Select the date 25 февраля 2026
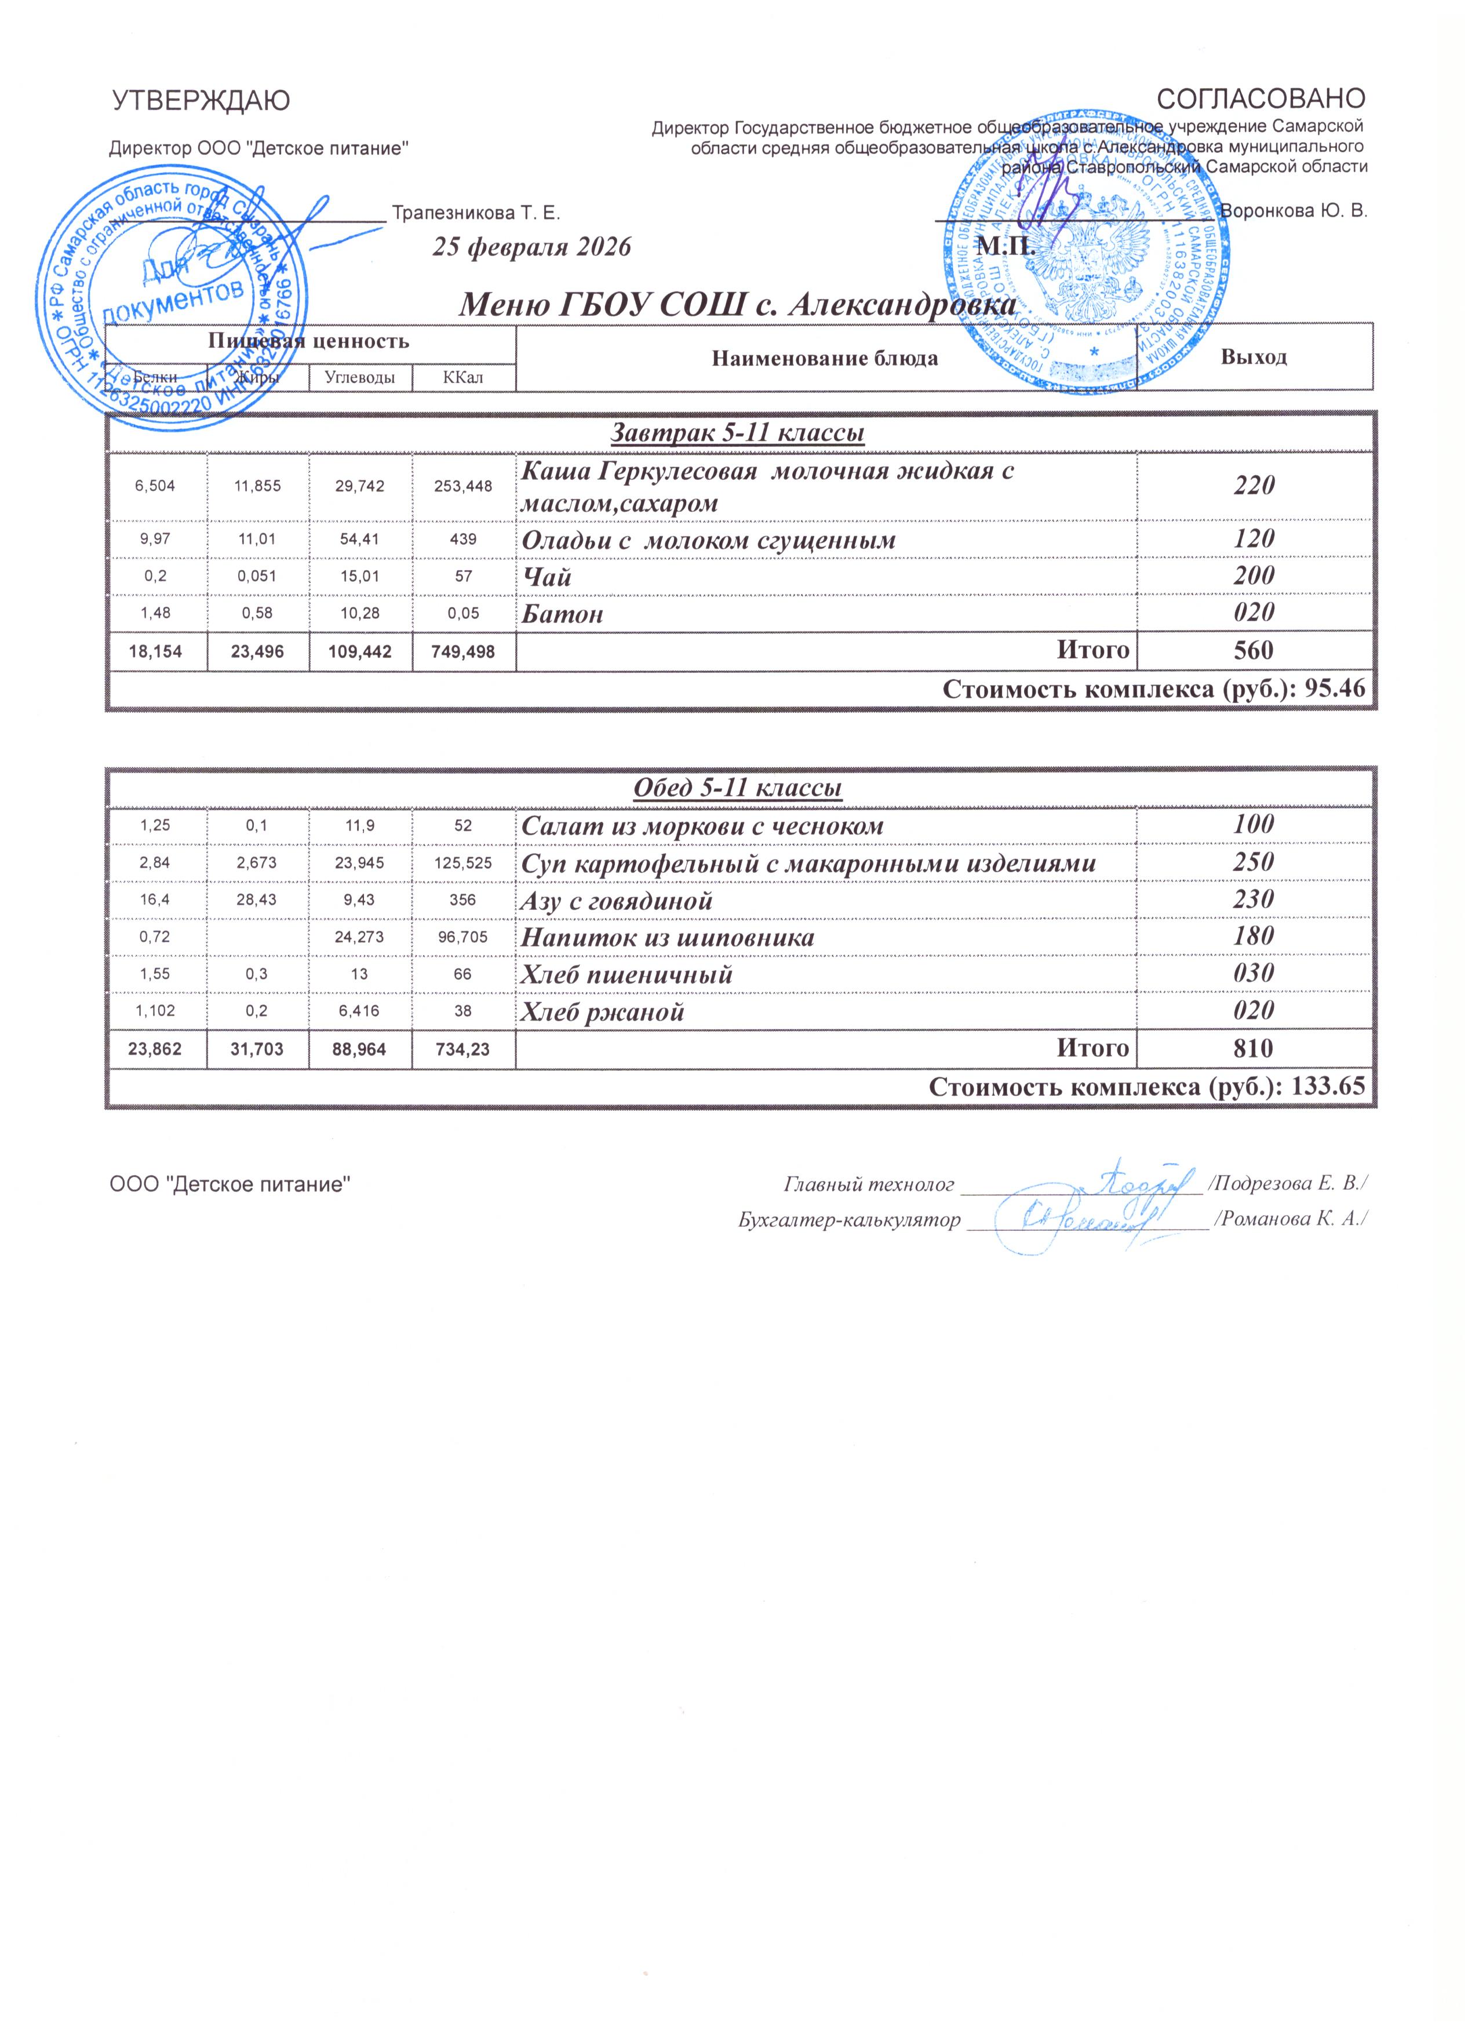[x=533, y=247]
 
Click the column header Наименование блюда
[x=825, y=359]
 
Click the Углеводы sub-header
[x=360, y=378]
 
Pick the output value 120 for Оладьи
[x=1254, y=539]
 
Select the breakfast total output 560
[x=1254, y=650]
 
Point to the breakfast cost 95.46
[x=1337, y=689]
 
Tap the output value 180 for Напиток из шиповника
[x=1254, y=936]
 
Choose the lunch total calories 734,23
[x=464, y=1048]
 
